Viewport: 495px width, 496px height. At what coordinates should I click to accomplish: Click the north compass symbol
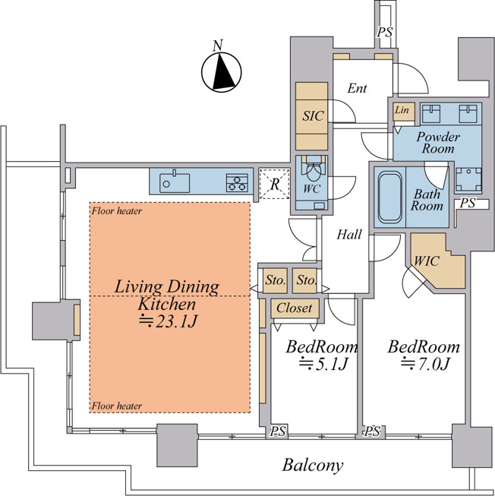point(221,72)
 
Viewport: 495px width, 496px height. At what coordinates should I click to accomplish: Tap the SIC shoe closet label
point(313,115)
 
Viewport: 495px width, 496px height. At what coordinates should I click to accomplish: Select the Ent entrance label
point(357,88)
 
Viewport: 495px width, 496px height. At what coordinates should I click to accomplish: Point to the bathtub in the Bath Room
point(389,197)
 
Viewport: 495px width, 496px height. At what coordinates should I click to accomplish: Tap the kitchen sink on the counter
point(175,183)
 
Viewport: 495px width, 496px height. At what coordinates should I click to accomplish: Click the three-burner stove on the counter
point(237,183)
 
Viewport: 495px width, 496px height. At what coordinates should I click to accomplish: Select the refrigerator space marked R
point(274,184)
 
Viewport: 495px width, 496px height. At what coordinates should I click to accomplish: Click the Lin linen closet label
point(402,110)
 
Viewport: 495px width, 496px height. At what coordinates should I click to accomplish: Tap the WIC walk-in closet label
point(427,261)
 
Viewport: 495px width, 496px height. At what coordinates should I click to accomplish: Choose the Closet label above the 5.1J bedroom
point(295,308)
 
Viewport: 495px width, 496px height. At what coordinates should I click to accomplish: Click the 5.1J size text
point(323,364)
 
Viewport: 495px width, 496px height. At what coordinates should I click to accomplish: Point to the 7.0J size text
point(425,364)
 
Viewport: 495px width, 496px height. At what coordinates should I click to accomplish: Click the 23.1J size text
point(169,322)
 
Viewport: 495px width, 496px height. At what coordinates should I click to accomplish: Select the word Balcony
point(313,466)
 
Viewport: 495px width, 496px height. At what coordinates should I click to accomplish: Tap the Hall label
point(349,235)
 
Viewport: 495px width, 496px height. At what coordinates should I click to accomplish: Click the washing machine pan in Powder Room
point(468,180)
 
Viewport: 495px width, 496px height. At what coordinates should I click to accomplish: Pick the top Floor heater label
point(117,210)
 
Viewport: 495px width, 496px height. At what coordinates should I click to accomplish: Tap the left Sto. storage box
point(276,280)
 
